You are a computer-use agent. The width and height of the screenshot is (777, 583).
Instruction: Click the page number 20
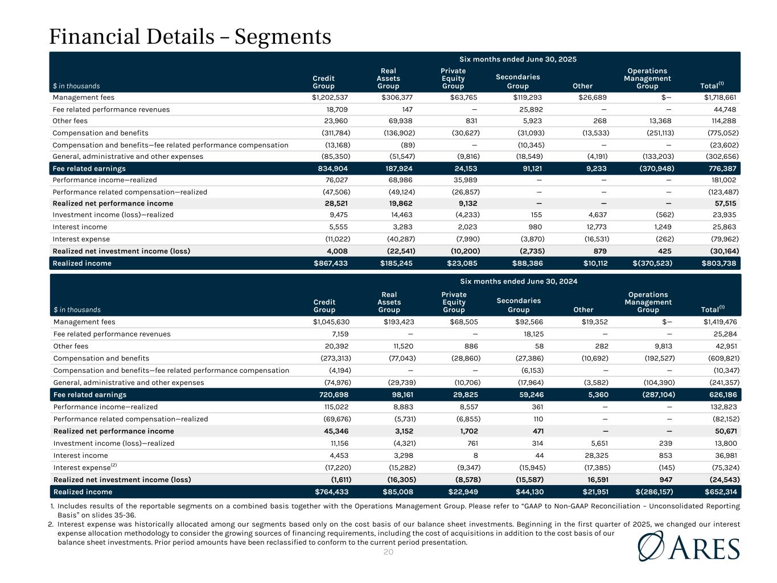click(x=388, y=552)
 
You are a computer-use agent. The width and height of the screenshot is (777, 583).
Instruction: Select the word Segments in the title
click(x=283, y=37)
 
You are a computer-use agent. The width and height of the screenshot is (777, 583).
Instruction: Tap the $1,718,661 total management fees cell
click(x=720, y=97)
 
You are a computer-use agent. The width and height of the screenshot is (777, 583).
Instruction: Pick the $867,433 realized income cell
click(x=331, y=264)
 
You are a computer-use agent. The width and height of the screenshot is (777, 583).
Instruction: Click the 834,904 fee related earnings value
click(x=332, y=169)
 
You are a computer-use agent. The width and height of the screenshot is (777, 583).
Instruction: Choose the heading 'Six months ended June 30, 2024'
click(x=518, y=281)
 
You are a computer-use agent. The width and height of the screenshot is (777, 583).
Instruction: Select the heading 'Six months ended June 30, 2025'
click(x=518, y=59)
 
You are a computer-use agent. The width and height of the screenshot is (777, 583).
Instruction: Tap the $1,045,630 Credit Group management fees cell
click(x=330, y=322)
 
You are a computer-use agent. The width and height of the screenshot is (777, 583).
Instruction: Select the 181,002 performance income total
click(x=725, y=180)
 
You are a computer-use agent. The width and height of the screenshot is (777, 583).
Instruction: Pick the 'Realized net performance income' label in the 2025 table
click(x=113, y=203)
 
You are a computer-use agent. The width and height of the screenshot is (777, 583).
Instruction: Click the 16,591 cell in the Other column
click(x=596, y=479)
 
